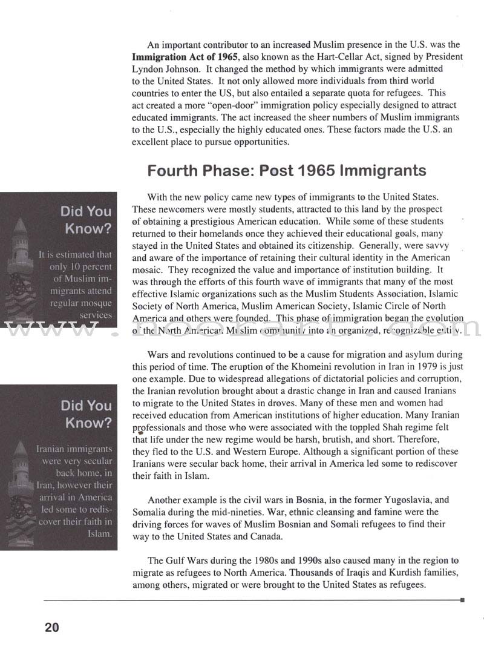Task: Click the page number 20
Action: (x=51, y=628)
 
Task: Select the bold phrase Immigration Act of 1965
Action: (x=181, y=57)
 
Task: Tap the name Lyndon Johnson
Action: (x=163, y=68)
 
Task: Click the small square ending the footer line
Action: (x=462, y=600)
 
